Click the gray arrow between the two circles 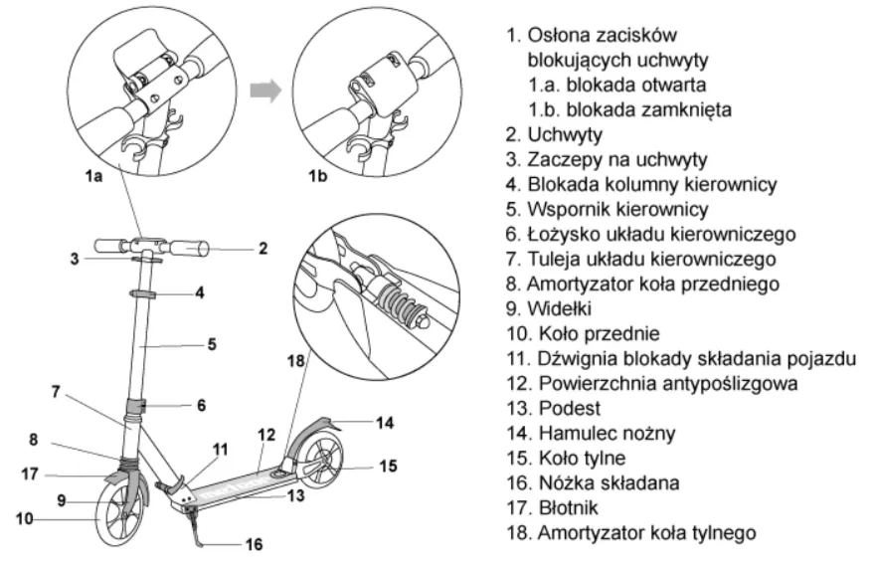(x=261, y=92)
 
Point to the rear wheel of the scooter (x=324, y=467)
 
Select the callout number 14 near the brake (x=384, y=423)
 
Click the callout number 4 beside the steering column (x=199, y=292)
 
